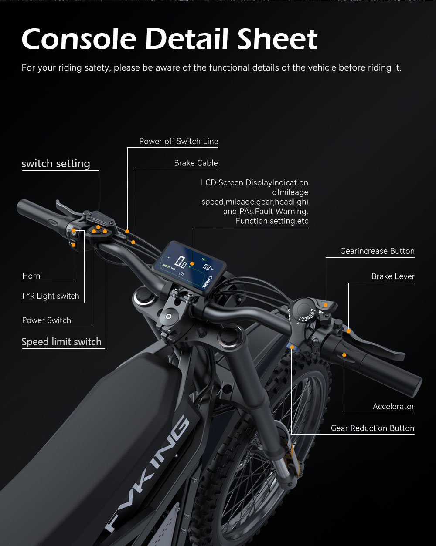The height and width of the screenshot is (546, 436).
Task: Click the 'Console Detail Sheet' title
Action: click(x=170, y=39)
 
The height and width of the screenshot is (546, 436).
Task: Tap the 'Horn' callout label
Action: click(x=31, y=276)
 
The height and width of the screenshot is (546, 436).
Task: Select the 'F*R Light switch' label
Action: click(x=51, y=296)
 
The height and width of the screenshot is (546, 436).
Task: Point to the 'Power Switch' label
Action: click(x=47, y=320)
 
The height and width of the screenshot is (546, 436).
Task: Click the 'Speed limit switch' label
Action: click(x=61, y=342)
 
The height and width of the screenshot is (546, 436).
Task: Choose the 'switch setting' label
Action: click(x=56, y=163)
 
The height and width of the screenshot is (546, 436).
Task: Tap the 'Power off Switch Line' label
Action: click(x=179, y=141)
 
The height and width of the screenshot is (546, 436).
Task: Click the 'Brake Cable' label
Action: click(x=196, y=163)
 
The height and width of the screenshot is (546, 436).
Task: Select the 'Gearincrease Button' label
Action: click(x=377, y=251)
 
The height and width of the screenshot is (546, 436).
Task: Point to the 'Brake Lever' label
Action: click(x=393, y=276)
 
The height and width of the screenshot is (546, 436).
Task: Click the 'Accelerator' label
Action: click(x=393, y=406)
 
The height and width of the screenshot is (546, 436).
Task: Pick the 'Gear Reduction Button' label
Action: click(x=372, y=428)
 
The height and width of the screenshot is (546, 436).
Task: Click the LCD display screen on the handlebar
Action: click(x=189, y=267)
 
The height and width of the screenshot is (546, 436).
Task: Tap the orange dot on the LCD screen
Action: click(x=192, y=264)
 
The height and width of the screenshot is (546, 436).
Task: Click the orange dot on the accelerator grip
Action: click(x=344, y=355)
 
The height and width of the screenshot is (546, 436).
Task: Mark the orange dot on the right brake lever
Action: click(x=349, y=331)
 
